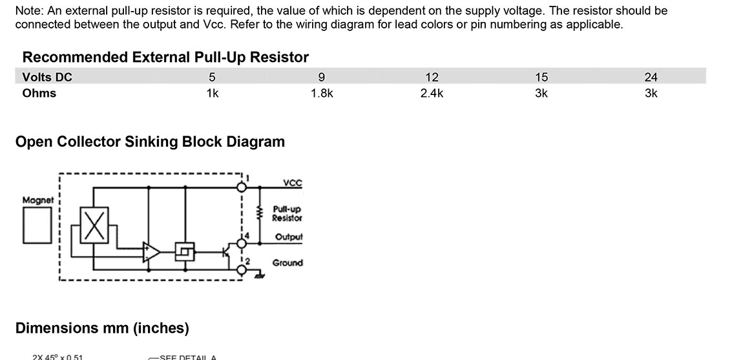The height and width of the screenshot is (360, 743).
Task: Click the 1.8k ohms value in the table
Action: [x=322, y=93]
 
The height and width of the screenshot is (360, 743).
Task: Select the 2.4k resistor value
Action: [x=432, y=93]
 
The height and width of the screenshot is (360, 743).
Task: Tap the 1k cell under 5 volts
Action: [x=212, y=93]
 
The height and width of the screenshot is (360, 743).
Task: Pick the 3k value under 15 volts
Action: [x=541, y=93]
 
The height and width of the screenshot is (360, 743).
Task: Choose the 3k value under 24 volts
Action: [x=651, y=93]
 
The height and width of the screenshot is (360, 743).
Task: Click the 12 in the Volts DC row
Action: [x=432, y=78]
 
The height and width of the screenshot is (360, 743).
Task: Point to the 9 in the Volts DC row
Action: [x=322, y=78]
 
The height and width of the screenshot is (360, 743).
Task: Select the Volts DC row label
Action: [x=47, y=78]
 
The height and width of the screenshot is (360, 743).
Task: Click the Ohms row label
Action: [x=39, y=93]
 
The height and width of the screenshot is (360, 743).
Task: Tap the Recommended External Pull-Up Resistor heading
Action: [x=165, y=58]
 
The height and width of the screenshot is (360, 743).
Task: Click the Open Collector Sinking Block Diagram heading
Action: [x=150, y=142]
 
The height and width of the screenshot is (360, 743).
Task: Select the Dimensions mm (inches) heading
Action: [x=102, y=328]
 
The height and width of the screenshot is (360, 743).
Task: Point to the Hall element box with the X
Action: [x=95, y=224]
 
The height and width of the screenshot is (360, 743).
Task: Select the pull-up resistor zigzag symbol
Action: [x=260, y=213]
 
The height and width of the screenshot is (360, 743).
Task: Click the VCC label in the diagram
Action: [x=292, y=184]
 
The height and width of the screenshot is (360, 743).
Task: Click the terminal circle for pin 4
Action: [x=242, y=244]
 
